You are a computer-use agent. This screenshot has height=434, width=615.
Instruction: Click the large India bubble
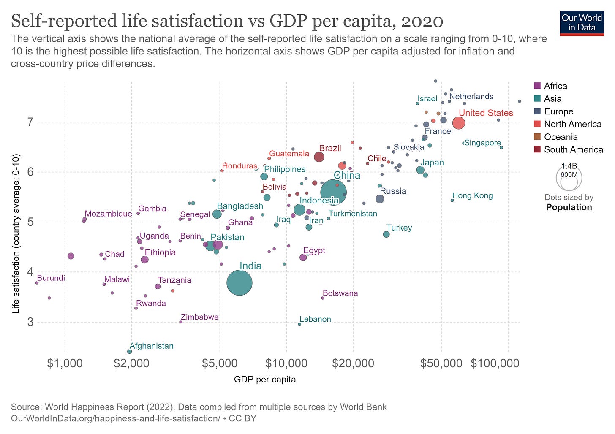pyautogui.click(x=239, y=283)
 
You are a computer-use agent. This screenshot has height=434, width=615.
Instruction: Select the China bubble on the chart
pyautogui.click(x=333, y=193)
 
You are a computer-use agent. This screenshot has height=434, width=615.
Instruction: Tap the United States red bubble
pyautogui.click(x=459, y=123)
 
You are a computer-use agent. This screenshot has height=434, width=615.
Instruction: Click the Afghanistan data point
pyautogui.click(x=129, y=351)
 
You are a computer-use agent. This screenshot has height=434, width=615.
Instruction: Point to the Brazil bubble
pyautogui.click(x=319, y=157)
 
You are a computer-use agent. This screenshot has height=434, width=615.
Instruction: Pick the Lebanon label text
pyautogui.click(x=315, y=319)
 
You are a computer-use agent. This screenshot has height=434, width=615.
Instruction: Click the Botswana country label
pyautogui.click(x=340, y=293)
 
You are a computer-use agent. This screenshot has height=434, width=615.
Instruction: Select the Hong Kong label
pyautogui.click(x=472, y=195)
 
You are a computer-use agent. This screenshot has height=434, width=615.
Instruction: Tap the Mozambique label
pyautogui.click(x=108, y=214)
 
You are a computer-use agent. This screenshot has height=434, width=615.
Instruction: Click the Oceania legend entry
pyautogui.click(x=561, y=137)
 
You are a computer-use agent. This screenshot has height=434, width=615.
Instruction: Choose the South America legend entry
pyautogui.click(x=573, y=149)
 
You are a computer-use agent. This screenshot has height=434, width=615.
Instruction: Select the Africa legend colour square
pyautogui.click(x=538, y=86)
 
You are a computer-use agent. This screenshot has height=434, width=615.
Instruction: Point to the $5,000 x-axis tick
pyautogui.click(x=219, y=363)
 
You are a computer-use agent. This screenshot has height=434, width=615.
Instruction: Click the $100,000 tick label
pyautogui.click(x=495, y=363)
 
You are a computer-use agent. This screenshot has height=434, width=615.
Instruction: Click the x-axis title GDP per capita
pyautogui.click(x=265, y=379)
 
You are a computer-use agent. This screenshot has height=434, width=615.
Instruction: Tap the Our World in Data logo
pyautogui.click(x=582, y=23)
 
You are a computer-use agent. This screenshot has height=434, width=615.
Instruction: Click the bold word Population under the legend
pyautogui.click(x=569, y=207)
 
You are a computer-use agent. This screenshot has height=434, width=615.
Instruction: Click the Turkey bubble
pyautogui.click(x=386, y=234)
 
